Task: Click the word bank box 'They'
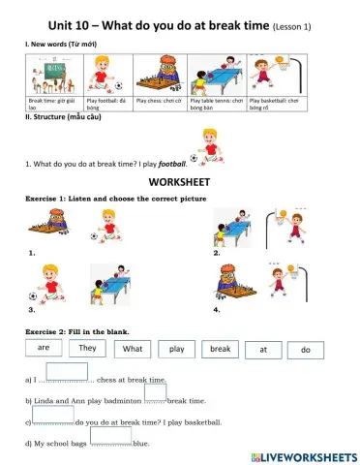click(88, 347)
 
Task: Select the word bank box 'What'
click(133, 348)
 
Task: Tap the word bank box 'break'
click(221, 348)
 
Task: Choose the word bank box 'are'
click(44, 346)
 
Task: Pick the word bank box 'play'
click(176, 348)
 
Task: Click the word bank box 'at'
click(263, 349)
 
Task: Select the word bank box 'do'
click(306, 349)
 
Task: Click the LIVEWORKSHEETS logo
click(303, 455)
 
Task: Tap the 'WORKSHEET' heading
click(180, 181)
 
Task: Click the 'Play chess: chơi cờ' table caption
click(161, 100)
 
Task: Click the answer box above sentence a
click(67, 370)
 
